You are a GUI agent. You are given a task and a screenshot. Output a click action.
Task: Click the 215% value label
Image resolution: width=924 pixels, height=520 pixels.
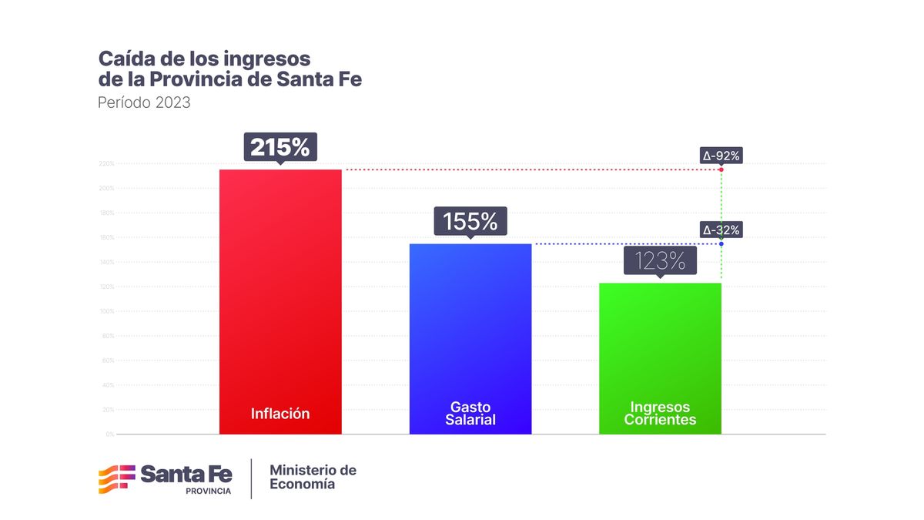[x=280, y=146]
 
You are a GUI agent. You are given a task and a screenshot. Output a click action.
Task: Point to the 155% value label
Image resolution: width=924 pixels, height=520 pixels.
[x=470, y=221]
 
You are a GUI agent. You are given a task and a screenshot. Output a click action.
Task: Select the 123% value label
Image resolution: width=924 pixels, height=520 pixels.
[x=660, y=260]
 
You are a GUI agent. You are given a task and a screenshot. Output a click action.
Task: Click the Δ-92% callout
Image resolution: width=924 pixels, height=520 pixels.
[x=721, y=156]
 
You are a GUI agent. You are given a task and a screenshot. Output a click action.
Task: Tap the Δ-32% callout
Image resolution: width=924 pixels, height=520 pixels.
[x=721, y=230]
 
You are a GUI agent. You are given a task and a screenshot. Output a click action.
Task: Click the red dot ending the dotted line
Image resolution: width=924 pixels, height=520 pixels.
[x=721, y=169]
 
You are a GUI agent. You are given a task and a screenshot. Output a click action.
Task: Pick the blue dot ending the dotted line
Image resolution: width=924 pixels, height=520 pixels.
[x=721, y=244]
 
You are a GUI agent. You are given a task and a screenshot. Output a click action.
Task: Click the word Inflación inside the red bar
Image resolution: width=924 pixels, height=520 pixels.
[x=280, y=414]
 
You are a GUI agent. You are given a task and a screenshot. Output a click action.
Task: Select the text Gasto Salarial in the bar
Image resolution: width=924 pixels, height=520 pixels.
[x=470, y=414]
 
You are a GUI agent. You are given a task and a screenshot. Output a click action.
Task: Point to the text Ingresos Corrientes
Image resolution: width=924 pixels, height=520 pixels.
[x=660, y=414]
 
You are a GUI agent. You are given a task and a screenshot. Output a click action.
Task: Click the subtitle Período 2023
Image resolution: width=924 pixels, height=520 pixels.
[x=144, y=102]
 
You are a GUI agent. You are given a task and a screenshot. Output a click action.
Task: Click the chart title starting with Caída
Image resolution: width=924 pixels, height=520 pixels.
[x=229, y=69]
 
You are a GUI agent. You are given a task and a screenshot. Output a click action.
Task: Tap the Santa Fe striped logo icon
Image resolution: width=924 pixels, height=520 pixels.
[x=116, y=479]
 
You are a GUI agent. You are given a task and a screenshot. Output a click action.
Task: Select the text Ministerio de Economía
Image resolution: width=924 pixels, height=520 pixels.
[x=313, y=477]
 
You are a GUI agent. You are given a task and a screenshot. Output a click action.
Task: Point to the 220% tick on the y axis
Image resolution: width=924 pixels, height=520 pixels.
[x=106, y=164]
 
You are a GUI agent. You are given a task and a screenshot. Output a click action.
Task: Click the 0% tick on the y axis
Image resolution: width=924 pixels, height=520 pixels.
[x=109, y=434]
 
